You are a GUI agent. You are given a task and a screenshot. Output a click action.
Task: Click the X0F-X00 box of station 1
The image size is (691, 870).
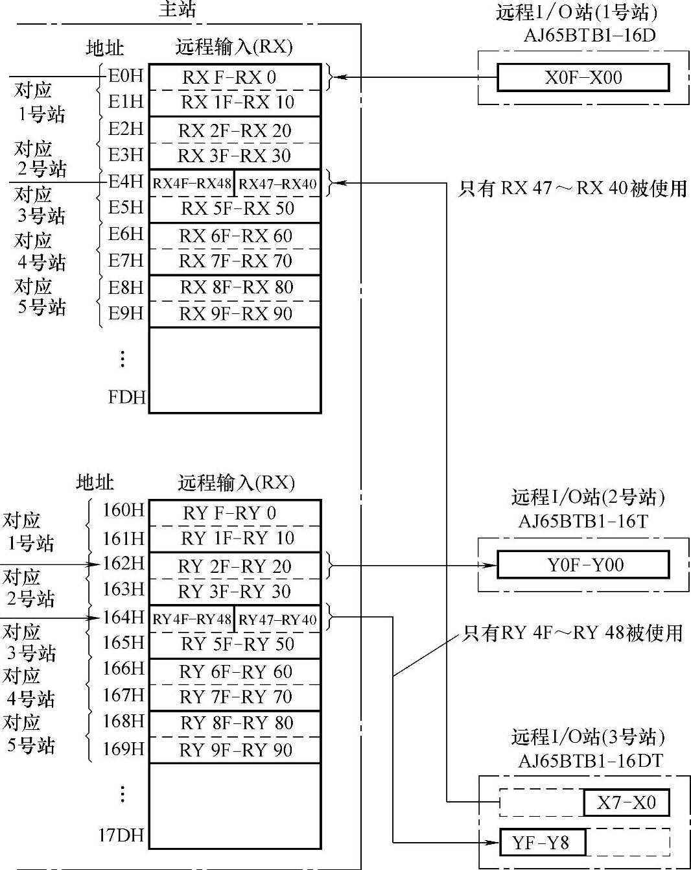(583, 78)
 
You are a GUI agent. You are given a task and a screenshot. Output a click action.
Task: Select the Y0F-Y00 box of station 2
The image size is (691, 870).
(583, 564)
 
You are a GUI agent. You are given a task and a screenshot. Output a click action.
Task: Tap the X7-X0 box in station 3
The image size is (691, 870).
(626, 803)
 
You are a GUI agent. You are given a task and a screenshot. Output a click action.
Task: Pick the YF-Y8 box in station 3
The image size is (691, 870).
(542, 843)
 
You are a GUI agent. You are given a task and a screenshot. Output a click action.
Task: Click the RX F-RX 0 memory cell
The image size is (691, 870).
(235, 77)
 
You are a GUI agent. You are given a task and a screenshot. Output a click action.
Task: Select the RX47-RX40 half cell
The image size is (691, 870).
(277, 184)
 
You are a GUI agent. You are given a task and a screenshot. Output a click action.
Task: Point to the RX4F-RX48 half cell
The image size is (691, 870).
(192, 184)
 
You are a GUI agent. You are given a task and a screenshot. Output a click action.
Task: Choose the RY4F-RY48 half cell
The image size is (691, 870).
(192, 620)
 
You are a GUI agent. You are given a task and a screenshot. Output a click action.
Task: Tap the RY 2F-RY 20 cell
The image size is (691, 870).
(235, 566)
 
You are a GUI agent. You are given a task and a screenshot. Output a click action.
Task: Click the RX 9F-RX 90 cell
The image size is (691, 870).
(235, 314)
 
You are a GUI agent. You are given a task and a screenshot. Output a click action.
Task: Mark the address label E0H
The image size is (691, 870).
(125, 76)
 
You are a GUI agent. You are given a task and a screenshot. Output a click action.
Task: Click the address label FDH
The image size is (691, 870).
(126, 396)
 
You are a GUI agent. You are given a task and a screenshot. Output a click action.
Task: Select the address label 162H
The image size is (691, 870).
(123, 563)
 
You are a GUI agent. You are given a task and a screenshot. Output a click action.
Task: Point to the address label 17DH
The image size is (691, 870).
(121, 835)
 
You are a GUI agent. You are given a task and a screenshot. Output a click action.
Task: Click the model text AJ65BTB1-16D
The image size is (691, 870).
(589, 35)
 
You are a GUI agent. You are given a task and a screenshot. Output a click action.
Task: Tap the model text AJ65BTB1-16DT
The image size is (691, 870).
(591, 760)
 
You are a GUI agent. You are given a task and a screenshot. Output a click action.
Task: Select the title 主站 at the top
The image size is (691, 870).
(177, 10)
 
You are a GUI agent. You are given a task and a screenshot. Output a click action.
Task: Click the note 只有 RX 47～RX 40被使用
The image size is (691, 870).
(572, 188)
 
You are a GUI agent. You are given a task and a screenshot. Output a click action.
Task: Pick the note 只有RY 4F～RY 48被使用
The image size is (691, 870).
(572, 633)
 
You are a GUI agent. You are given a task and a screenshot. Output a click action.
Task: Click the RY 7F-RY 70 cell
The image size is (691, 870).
(235, 697)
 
